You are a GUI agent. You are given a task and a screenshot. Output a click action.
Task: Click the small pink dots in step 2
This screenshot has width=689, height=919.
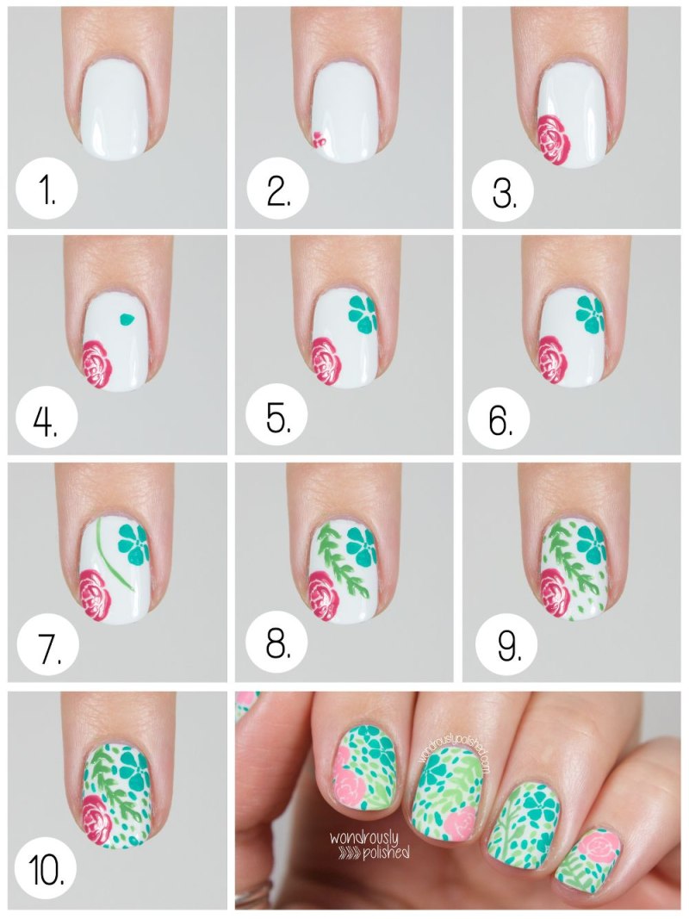click(318, 139)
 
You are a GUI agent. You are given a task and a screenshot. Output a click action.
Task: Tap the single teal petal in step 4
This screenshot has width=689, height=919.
click(126, 320)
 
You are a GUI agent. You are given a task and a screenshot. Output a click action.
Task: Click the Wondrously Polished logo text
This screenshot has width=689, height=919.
click(369, 845)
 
